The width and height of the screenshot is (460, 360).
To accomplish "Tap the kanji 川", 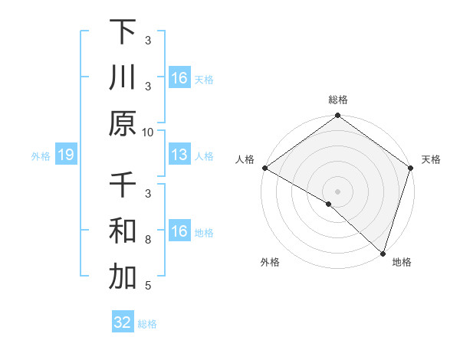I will coord(123,78).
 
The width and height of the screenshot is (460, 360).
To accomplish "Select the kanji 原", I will coord(123,124).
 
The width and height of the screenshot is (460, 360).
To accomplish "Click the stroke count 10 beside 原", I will coord(148,132).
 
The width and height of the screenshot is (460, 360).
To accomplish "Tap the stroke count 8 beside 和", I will coord(148,240).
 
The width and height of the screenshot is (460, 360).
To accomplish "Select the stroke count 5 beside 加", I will coord(148,286).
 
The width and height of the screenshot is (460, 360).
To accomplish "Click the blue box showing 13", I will coord(179,155).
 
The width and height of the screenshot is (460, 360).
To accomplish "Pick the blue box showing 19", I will coord(65,155).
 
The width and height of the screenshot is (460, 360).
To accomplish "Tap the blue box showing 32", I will coord(123,322).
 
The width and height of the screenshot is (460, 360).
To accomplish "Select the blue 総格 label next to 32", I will coord(147,324).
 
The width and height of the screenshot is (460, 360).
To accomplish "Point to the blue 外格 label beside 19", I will coord(41,156).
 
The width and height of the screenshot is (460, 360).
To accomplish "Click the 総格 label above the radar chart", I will coord(337,100).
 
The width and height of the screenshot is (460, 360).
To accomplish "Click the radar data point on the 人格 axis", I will coord(264,168).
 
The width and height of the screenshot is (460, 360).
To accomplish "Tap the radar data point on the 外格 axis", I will coord(329,204).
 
